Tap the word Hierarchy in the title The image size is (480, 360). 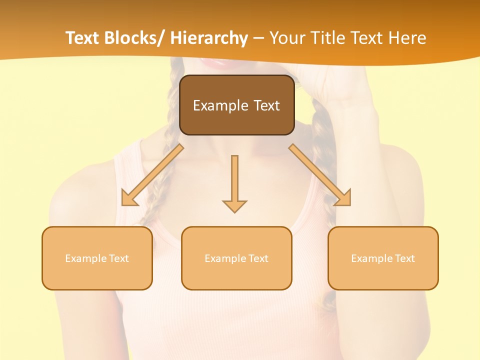tap(209, 38)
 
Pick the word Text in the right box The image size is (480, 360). tap(405, 258)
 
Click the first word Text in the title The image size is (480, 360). tap(82, 38)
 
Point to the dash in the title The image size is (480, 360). tap(258, 38)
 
